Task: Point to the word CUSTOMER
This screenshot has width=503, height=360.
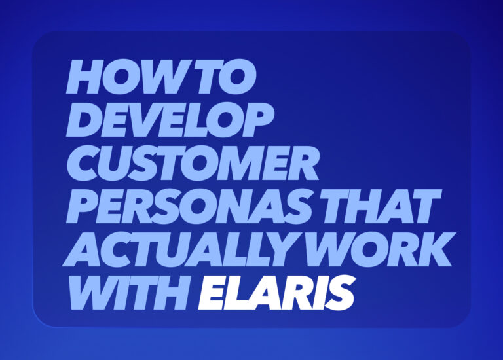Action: pyautogui.click(x=193, y=164)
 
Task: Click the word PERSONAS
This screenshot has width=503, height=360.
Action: pyautogui.click(x=185, y=207)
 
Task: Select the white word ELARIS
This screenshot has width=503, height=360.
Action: pyautogui.click(x=276, y=293)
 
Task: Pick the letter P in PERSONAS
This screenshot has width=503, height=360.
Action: pyautogui.click(x=83, y=207)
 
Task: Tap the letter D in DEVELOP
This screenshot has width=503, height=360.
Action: pyautogui.click(x=84, y=120)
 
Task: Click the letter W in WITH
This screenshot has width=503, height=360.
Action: pyautogui.click(x=93, y=293)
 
